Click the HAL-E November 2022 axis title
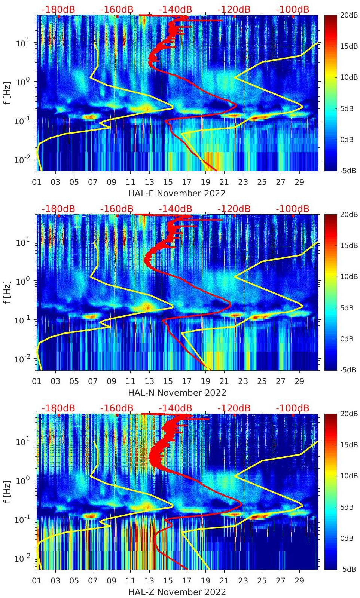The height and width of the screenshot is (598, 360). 177,193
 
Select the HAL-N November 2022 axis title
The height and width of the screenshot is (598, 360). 177,393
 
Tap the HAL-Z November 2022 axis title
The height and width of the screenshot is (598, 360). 177,592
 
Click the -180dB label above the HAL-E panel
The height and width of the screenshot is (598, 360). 58,9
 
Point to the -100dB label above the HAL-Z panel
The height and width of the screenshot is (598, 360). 292,408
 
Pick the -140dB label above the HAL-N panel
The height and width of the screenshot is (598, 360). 175,209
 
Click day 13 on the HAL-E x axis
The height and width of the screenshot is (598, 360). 149,182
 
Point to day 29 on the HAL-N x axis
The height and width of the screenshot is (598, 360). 299,381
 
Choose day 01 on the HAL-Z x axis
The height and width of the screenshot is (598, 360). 37,581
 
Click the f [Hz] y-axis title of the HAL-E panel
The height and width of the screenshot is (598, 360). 7,93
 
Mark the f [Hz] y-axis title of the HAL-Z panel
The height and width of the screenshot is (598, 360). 7,492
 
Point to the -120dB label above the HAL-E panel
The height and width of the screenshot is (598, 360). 234,9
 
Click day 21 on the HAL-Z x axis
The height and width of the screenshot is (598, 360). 224,581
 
